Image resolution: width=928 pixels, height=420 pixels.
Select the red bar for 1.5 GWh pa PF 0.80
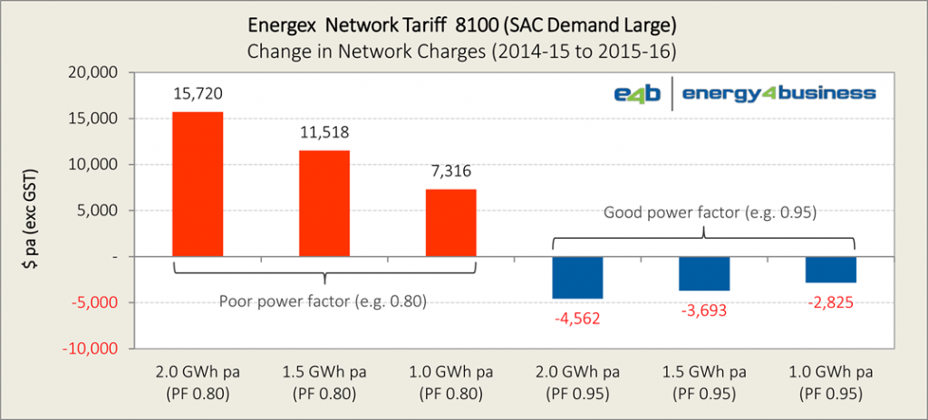tap(324, 204)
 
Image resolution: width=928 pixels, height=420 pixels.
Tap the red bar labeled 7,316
tap(450, 223)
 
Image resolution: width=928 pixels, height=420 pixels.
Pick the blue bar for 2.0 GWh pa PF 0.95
tap(577, 278)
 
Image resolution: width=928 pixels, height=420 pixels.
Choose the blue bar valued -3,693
tap(704, 273)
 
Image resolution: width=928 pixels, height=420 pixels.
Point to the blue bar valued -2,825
tap(831, 270)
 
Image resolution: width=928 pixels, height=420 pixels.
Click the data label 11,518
tap(324, 133)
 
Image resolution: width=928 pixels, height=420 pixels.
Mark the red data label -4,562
tap(577, 319)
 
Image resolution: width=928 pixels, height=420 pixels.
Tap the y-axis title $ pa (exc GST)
tap(30, 210)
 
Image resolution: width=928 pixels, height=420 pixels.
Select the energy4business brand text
tap(778, 93)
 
